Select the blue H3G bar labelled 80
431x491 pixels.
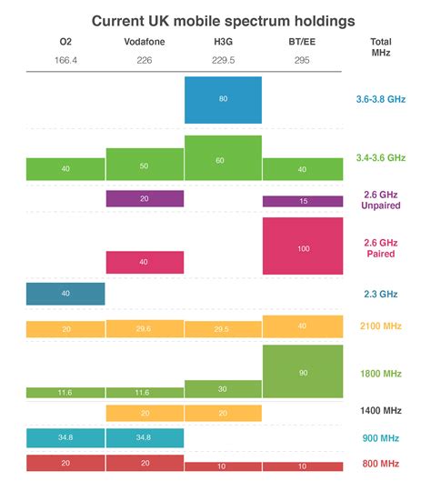[223, 99]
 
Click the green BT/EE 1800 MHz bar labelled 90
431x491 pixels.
[303, 371]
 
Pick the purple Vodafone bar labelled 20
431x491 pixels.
[145, 198]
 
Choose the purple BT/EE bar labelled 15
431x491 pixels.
[303, 201]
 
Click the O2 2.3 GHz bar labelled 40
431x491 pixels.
[65, 294]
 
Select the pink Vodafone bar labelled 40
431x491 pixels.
[145, 262]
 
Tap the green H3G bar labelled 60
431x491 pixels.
[223, 158]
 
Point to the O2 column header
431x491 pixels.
[65, 42]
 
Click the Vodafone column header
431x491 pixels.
[145, 42]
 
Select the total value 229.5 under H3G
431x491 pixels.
[223, 61]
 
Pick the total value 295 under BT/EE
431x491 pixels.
[303, 61]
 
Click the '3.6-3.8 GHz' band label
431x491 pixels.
[380, 99]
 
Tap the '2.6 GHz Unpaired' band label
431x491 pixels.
[380, 198]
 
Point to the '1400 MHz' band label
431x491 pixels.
[380, 412]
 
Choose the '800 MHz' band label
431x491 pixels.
[380, 464]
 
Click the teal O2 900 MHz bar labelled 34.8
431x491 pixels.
[65, 438]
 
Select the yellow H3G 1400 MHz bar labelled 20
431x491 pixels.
[223, 413]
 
